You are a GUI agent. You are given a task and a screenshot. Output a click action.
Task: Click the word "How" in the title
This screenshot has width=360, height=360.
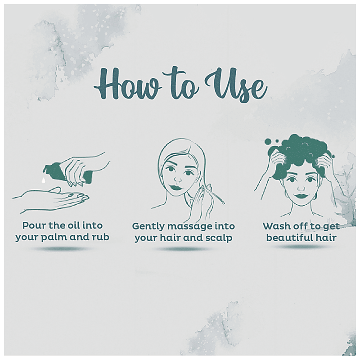coord(127,85)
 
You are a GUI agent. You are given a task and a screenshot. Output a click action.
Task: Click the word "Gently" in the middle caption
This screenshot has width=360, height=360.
coord(148,227)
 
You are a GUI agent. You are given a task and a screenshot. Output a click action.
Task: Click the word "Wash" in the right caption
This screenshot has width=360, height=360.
coord(276,226)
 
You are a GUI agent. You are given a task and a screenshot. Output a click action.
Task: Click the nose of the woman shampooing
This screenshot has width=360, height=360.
coord(301,189)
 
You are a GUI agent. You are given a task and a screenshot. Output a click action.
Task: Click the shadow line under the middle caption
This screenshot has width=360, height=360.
coord(183,249)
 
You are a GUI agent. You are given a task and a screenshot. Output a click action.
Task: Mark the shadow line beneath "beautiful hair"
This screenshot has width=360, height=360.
coord(301,247)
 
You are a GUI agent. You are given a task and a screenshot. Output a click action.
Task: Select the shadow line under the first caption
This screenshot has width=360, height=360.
coord(62,249)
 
